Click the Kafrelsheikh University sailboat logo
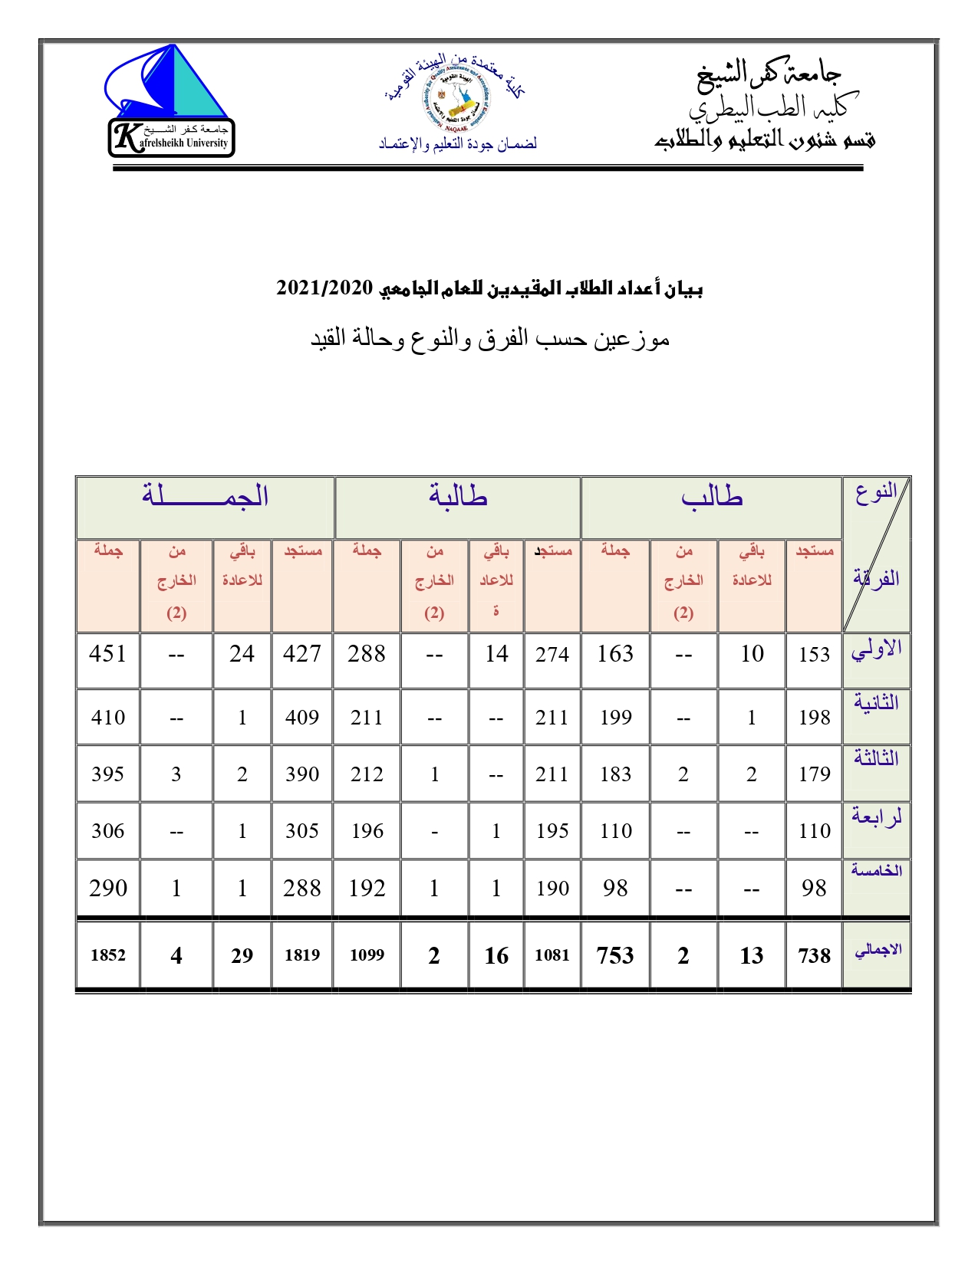pos(170,100)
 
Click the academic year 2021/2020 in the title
pos(324,288)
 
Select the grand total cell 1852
pos(107,955)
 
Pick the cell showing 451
pos(107,654)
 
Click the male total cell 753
pos(615,955)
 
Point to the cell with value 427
pos(301,654)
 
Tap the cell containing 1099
pos(367,955)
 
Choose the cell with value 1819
pos(301,955)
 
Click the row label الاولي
pos(876,650)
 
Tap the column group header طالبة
pos(458,497)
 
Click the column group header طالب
pos(712,497)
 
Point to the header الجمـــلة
pos(206,496)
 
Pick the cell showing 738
pos(814,955)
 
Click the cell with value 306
pos(107,831)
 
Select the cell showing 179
pos(814,774)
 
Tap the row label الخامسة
pos(876,871)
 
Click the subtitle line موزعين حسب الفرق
pos(489,338)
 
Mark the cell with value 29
pos(242,955)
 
